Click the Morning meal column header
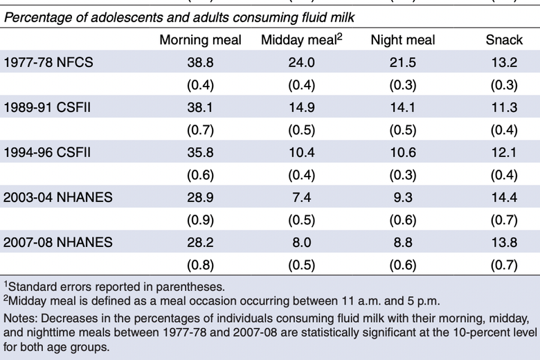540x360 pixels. click(200, 40)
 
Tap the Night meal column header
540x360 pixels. click(402, 40)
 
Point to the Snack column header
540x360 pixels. click(504, 40)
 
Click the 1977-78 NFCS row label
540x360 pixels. click(48, 63)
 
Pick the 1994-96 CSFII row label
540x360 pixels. click(50, 152)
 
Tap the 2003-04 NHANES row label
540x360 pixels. click(58, 197)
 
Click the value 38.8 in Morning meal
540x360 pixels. click(200, 63)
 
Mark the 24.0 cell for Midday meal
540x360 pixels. click(302, 63)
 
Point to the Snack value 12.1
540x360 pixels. click(504, 152)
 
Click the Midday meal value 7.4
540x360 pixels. click(302, 197)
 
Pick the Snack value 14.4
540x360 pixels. click(504, 197)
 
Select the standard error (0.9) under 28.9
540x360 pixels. click(200, 219)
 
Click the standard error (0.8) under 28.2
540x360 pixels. click(200, 264)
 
